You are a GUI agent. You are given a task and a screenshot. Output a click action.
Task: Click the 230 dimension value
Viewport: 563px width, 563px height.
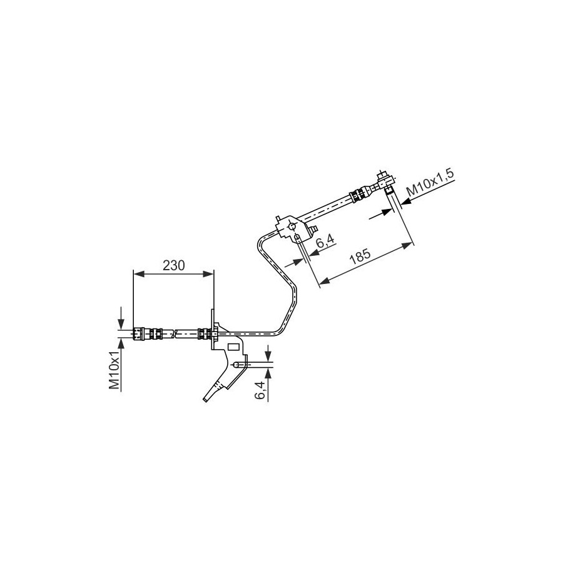173,265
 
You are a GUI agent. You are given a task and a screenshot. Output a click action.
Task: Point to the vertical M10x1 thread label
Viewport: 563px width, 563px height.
114,370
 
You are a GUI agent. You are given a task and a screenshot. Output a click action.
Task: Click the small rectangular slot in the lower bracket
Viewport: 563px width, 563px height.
234,346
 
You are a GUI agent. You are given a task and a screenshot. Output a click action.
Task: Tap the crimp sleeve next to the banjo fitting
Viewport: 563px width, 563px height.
357,195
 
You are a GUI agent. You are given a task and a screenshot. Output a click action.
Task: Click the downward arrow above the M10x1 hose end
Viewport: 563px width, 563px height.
121,322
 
